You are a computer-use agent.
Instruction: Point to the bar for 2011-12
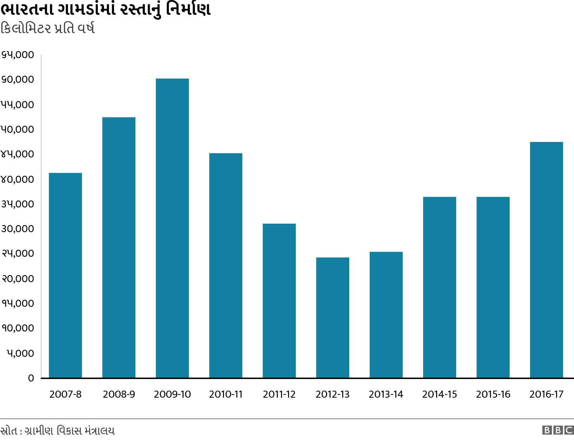[x=279, y=301]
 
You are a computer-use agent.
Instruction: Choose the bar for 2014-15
[x=439, y=287]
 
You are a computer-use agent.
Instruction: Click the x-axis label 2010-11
[x=226, y=394]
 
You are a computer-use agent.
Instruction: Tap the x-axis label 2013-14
[x=386, y=394]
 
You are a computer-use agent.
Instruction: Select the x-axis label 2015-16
[x=493, y=394]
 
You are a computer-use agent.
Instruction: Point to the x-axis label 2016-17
[x=546, y=394]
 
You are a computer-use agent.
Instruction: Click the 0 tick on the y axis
[x=31, y=378]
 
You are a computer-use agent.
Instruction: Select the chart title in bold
[x=106, y=10]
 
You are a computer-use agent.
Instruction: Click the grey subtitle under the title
[x=47, y=29]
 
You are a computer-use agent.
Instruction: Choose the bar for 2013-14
[x=386, y=315]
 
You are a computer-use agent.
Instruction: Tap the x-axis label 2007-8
[x=65, y=394]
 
